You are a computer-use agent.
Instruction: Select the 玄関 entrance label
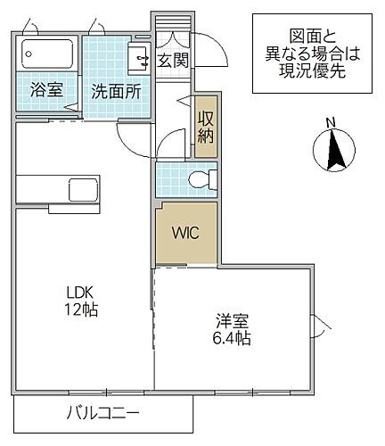172,61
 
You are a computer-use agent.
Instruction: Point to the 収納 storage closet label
206,126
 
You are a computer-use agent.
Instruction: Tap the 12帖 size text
80,310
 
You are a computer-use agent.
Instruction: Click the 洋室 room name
230,320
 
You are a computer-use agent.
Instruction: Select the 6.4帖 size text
230,339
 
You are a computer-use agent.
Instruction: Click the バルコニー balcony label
103,413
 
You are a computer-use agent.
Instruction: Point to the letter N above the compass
330,123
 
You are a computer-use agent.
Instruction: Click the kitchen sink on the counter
84,189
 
